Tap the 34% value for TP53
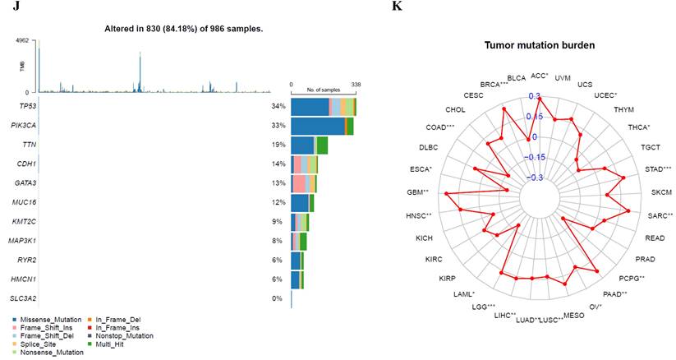click(x=278, y=106)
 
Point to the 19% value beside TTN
click(x=278, y=145)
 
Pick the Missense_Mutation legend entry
click(x=46, y=318)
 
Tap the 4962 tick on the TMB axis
click(x=22, y=39)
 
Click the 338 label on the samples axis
click(x=355, y=84)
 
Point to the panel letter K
click(x=398, y=6)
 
